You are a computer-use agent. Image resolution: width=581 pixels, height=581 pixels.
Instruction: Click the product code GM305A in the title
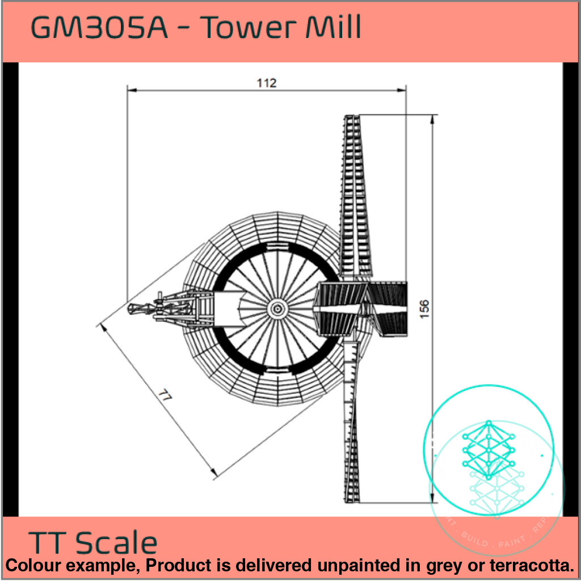pyautogui.click(x=99, y=28)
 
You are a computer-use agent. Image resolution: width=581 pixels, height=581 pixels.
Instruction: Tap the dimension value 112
pyautogui.click(x=266, y=83)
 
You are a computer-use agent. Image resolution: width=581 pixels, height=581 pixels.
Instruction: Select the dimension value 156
pyautogui.click(x=425, y=309)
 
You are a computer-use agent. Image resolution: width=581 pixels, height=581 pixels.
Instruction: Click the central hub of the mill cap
pyautogui.click(x=277, y=308)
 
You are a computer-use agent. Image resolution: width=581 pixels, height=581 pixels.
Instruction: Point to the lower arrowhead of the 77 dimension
pyautogui.click(x=213, y=472)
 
